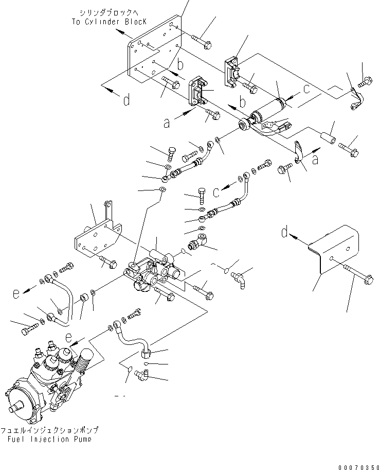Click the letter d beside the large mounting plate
click(x=126, y=100)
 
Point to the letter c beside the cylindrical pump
click(x=306, y=89)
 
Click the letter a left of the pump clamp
click(x=167, y=124)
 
